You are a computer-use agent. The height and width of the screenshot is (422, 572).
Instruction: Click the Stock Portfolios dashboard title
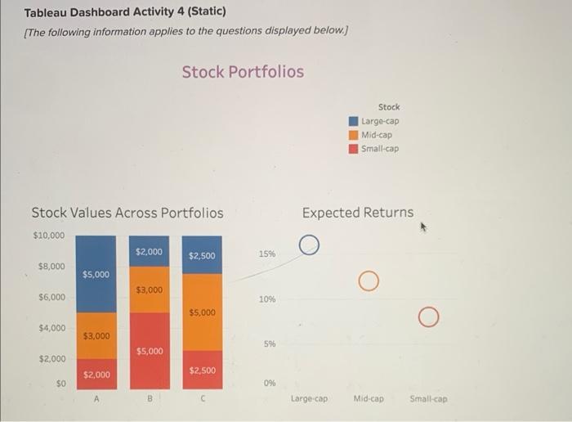(x=243, y=72)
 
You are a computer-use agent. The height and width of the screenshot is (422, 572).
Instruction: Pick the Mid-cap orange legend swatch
(x=354, y=135)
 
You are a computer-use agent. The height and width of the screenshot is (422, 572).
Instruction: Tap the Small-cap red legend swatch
(x=354, y=148)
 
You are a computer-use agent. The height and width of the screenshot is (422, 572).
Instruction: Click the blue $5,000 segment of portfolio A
(x=96, y=275)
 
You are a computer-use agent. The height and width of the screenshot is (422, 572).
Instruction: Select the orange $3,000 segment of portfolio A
(x=96, y=336)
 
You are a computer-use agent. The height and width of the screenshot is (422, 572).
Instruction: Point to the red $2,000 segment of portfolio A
(x=96, y=374)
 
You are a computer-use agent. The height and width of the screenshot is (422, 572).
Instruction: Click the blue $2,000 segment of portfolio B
(x=149, y=252)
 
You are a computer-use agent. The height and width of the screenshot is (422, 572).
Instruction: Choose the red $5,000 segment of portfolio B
(x=149, y=351)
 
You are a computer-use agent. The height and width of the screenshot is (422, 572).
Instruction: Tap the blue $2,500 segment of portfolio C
(x=202, y=256)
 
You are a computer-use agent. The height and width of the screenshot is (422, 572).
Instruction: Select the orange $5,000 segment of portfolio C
(x=202, y=312)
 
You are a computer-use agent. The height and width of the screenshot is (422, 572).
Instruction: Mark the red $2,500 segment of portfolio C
(x=202, y=370)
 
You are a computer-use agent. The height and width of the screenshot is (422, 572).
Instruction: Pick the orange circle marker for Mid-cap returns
(x=368, y=282)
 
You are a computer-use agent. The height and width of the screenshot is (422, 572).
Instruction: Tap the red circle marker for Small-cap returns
(x=427, y=317)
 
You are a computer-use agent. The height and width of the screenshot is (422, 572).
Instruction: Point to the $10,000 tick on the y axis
(x=48, y=236)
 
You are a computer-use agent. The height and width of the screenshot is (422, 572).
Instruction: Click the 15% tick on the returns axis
(x=267, y=254)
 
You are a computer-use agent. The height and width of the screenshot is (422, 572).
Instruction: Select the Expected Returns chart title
(x=357, y=213)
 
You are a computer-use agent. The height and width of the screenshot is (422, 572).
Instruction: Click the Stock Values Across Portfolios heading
(x=127, y=213)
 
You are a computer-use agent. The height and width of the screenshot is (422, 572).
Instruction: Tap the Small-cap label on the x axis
(x=427, y=399)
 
